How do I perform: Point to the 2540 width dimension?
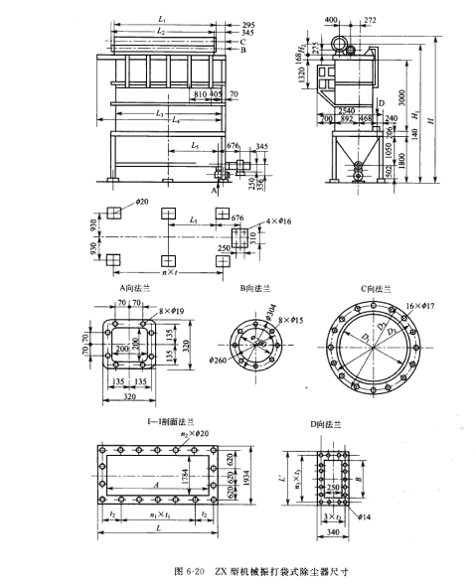pyautogui.click(x=347, y=111)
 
